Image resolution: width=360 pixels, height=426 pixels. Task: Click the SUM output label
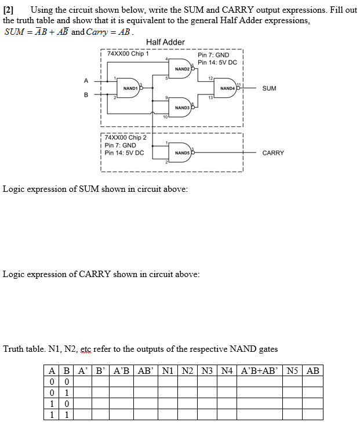tap(269, 89)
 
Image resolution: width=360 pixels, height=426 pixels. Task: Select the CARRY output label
tap(273, 153)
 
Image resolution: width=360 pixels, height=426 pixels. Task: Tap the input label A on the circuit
tap(86, 81)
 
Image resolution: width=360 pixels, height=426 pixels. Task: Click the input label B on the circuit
tap(86, 94)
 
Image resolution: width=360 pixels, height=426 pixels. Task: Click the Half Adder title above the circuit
tap(165, 42)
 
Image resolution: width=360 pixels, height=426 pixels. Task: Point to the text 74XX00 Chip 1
tap(124, 54)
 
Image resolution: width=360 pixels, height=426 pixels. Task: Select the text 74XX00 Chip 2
tap(126, 137)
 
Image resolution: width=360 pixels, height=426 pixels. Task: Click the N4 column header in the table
tap(227, 370)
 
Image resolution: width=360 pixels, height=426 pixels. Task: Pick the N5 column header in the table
tap(293, 370)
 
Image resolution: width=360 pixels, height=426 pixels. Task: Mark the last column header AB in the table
tap(312, 370)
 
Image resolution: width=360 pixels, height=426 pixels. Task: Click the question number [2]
tap(12, 10)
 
